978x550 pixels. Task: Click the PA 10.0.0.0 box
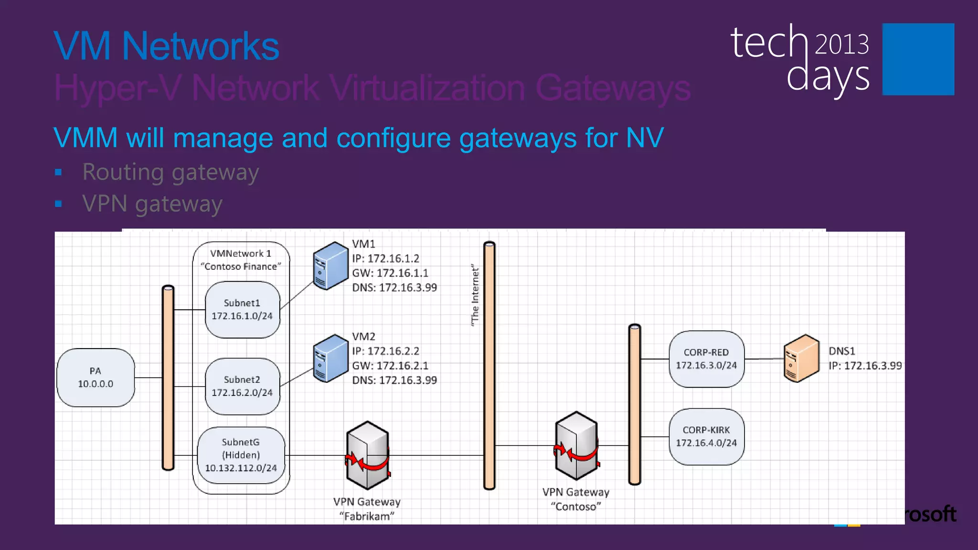click(x=96, y=378)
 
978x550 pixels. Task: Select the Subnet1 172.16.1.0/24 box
click(x=242, y=310)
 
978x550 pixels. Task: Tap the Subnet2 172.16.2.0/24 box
click(x=242, y=386)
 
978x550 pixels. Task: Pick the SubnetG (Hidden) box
click(x=241, y=455)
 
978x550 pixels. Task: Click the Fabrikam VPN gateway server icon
click(x=367, y=455)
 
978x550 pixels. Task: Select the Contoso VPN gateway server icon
click(x=576, y=446)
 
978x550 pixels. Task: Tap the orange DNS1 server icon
click(x=801, y=359)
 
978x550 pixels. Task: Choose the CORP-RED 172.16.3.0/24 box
click(x=706, y=359)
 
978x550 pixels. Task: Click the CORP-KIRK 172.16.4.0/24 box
click(x=706, y=437)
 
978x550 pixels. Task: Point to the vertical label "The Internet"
click(x=475, y=296)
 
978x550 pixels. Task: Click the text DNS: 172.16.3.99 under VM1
click(x=394, y=288)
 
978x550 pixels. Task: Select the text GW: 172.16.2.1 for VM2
click(x=390, y=366)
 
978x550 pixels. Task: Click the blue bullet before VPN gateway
click(x=58, y=204)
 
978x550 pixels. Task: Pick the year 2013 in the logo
click(x=841, y=45)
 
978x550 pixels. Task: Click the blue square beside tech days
click(x=918, y=59)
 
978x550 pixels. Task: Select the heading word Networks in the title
click(x=200, y=46)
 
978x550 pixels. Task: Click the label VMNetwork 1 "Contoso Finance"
click(x=241, y=260)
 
